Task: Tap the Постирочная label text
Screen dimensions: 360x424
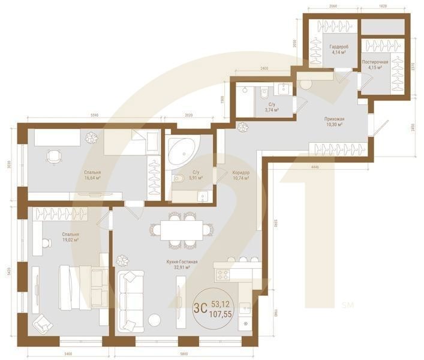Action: tap(375, 62)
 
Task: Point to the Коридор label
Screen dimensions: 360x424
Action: tap(240, 173)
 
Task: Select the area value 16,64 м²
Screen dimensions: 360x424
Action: tap(93, 178)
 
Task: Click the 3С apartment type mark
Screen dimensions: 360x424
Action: tap(201, 308)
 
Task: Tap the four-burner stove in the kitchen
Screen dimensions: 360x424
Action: tap(223, 275)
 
